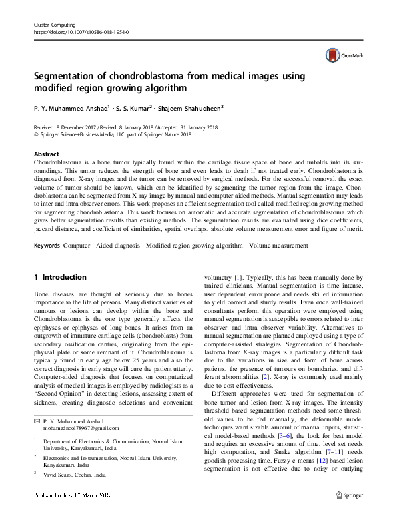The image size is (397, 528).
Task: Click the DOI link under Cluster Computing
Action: (x=81, y=31)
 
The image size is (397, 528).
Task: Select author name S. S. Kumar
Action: (x=131, y=108)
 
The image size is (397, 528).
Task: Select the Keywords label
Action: (x=47, y=246)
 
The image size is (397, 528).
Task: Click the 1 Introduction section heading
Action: (x=60, y=277)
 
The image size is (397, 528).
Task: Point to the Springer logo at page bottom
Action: (x=350, y=513)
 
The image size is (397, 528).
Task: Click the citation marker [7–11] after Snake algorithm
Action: (x=322, y=455)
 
